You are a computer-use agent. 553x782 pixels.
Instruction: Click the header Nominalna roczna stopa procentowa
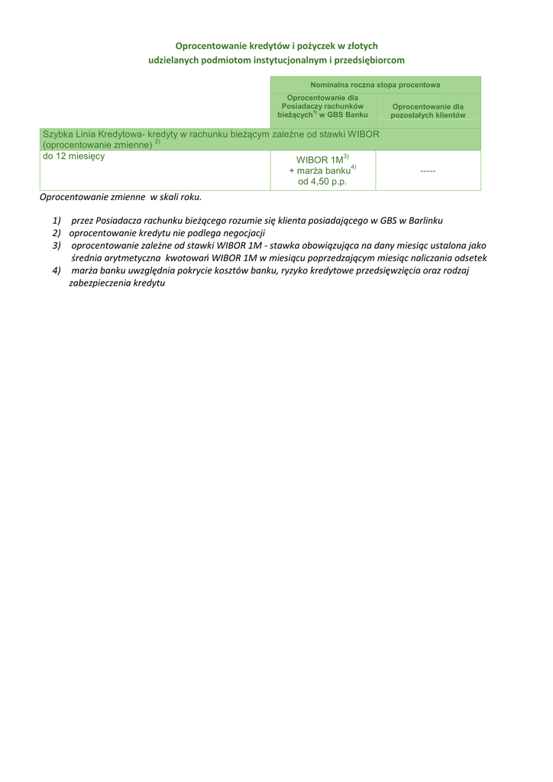(375, 85)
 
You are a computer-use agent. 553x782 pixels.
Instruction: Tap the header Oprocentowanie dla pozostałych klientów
(428, 111)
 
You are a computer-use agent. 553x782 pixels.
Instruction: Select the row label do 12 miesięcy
(74, 156)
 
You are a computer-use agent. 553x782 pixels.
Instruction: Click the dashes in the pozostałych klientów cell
(428, 172)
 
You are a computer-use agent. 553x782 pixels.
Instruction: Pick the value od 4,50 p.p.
(322, 182)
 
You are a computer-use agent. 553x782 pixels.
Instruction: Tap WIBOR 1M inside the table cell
(319, 160)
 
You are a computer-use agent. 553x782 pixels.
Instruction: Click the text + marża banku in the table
(319, 171)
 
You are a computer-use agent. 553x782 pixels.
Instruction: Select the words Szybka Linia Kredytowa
(92, 134)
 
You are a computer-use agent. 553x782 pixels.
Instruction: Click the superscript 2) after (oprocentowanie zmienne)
(157, 142)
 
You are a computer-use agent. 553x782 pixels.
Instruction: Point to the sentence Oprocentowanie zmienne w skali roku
(121, 197)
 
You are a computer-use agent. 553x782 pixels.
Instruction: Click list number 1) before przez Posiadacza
(57, 220)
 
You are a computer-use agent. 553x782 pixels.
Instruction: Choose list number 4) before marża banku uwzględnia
(57, 271)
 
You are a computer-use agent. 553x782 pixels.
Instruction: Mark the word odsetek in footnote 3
(471, 258)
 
